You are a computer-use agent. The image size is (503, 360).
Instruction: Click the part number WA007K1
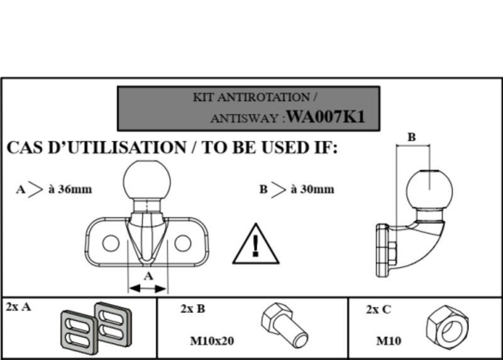(x=325, y=117)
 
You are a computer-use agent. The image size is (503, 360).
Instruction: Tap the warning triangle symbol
(x=255, y=244)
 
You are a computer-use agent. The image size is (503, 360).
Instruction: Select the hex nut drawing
(x=446, y=326)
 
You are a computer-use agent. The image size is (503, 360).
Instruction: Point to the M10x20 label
(x=212, y=341)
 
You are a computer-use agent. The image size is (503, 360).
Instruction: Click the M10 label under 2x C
(x=389, y=341)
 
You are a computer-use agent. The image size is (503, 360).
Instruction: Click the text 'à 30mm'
(x=312, y=189)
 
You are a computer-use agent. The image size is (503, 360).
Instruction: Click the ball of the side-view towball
(x=430, y=188)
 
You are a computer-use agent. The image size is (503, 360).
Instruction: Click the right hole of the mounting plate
(x=183, y=243)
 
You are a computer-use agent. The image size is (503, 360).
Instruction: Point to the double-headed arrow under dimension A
(x=148, y=288)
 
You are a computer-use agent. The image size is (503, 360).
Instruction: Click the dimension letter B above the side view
(x=412, y=137)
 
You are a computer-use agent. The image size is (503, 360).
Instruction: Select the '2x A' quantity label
(x=18, y=307)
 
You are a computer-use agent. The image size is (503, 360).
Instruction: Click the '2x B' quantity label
(x=192, y=308)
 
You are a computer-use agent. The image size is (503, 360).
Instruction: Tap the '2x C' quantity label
(x=379, y=308)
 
